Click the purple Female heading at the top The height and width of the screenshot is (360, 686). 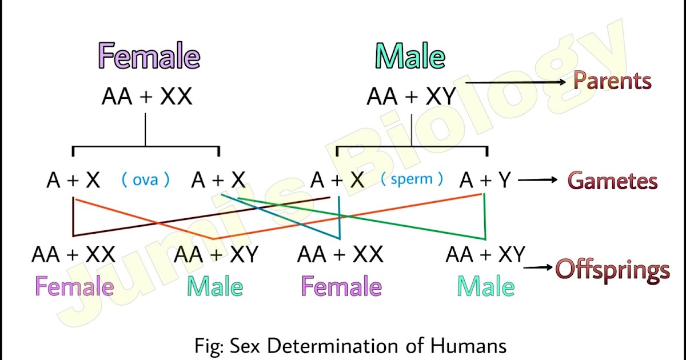coord(149,56)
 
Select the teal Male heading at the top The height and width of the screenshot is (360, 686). coord(410,56)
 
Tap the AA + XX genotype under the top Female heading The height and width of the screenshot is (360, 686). coord(147,97)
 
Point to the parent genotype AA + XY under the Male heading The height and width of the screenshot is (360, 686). coord(412,97)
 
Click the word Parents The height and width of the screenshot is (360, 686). coord(612,81)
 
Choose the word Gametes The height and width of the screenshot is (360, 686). coord(612,181)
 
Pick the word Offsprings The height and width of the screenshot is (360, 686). coord(612,270)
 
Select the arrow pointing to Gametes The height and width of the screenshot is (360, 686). coord(538,181)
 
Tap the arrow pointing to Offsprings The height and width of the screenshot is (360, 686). coord(539,267)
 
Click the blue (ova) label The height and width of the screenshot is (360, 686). coord(145,180)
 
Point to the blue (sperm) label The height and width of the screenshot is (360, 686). coord(412,179)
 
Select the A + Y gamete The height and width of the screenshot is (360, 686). coord(485,181)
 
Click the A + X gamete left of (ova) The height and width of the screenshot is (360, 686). coord(73,181)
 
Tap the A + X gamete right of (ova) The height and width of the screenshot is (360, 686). coord(218,181)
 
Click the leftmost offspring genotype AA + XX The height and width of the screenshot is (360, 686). coord(73,254)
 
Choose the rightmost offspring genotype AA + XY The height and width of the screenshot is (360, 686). coord(485,254)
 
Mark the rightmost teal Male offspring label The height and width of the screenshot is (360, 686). coord(485,286)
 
